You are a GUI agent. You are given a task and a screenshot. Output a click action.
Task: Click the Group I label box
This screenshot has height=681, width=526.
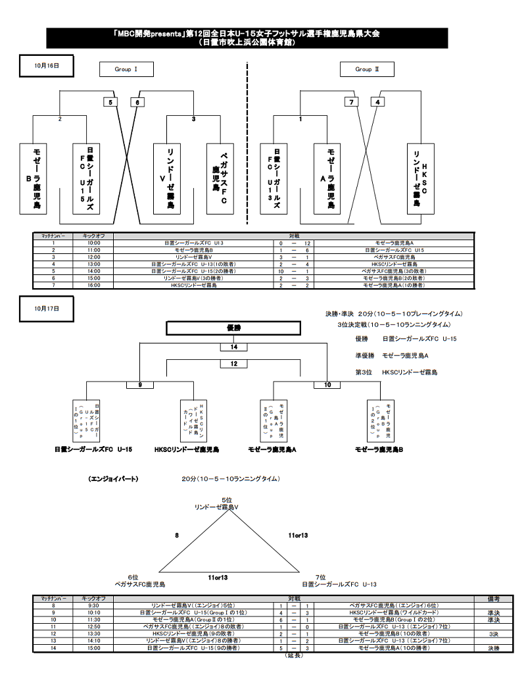point(126,69)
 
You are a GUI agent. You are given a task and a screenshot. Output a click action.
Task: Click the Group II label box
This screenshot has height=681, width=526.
point(366,69)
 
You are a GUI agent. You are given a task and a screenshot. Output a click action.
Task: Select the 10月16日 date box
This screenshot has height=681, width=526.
point(47,66)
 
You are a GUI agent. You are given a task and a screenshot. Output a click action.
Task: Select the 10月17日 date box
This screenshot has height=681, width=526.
point(47,307)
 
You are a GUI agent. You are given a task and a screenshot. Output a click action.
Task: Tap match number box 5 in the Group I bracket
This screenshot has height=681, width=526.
point(111,102)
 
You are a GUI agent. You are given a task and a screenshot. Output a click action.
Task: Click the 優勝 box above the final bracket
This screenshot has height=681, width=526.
point(233,328)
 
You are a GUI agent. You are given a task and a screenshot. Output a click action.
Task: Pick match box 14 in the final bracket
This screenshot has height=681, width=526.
point(233,347)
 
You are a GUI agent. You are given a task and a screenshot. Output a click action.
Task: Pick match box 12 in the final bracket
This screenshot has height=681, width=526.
point(233,363)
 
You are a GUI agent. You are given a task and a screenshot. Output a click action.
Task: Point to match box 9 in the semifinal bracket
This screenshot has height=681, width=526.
point(139,385)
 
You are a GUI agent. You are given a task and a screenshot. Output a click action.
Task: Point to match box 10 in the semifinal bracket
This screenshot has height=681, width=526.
point(327,385)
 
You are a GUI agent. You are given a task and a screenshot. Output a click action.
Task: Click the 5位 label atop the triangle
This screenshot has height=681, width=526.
point(226,500)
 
